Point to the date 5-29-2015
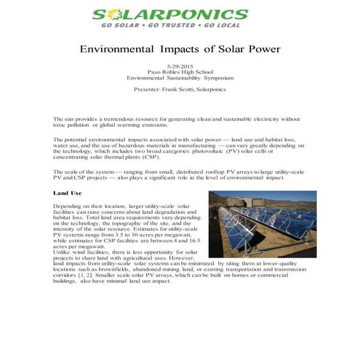tap(180, 66)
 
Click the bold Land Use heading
tap(68, 193)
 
